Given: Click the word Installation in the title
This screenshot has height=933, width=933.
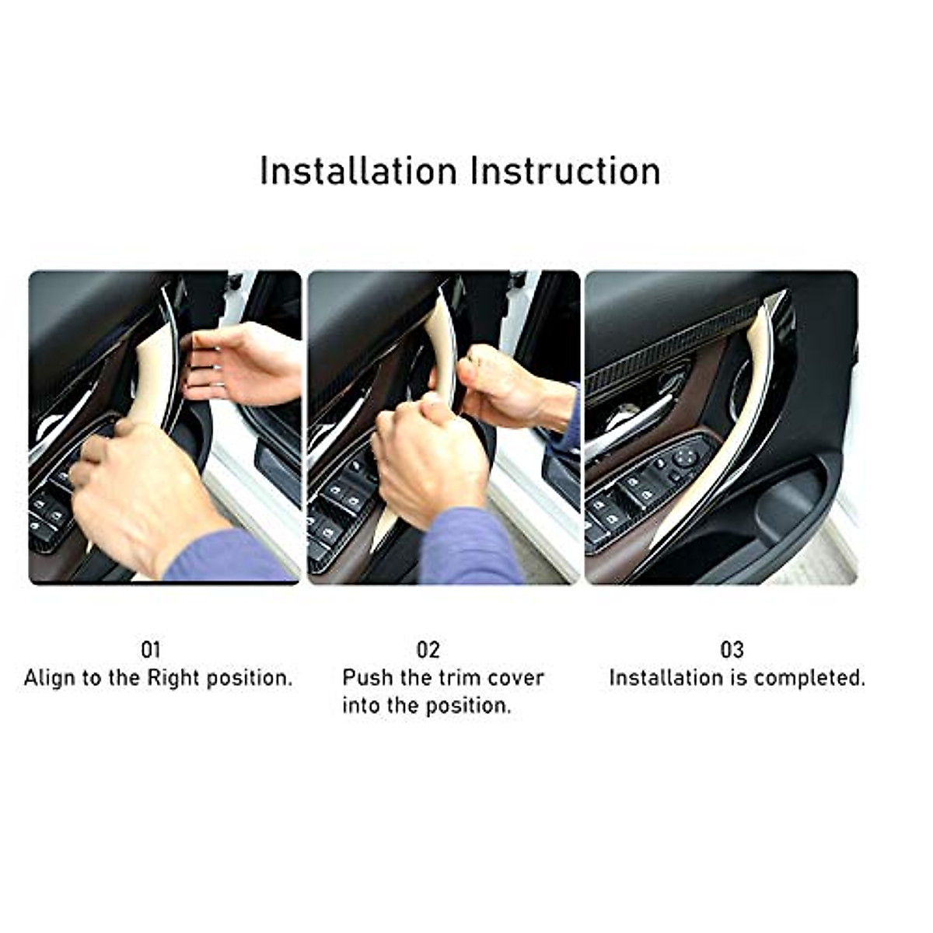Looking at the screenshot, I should (x=358, y=171).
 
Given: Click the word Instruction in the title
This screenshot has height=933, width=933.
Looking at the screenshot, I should (x=565, y=171).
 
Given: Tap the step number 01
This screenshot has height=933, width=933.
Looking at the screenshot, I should (x=151, y=649).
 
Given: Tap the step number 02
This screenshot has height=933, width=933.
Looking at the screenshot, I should (x=428, y=649).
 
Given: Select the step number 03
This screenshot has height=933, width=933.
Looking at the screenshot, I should (x=732, y=649).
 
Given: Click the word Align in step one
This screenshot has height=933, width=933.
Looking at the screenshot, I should (x=51, y=678).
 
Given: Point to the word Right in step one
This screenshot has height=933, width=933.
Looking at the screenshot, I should (x=173, y=678).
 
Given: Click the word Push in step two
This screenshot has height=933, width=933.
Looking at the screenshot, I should (x=368, y=677).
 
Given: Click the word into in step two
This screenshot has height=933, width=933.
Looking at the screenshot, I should (x=361, y=706).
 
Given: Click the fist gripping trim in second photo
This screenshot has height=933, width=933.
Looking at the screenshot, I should (x=428, y=459).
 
